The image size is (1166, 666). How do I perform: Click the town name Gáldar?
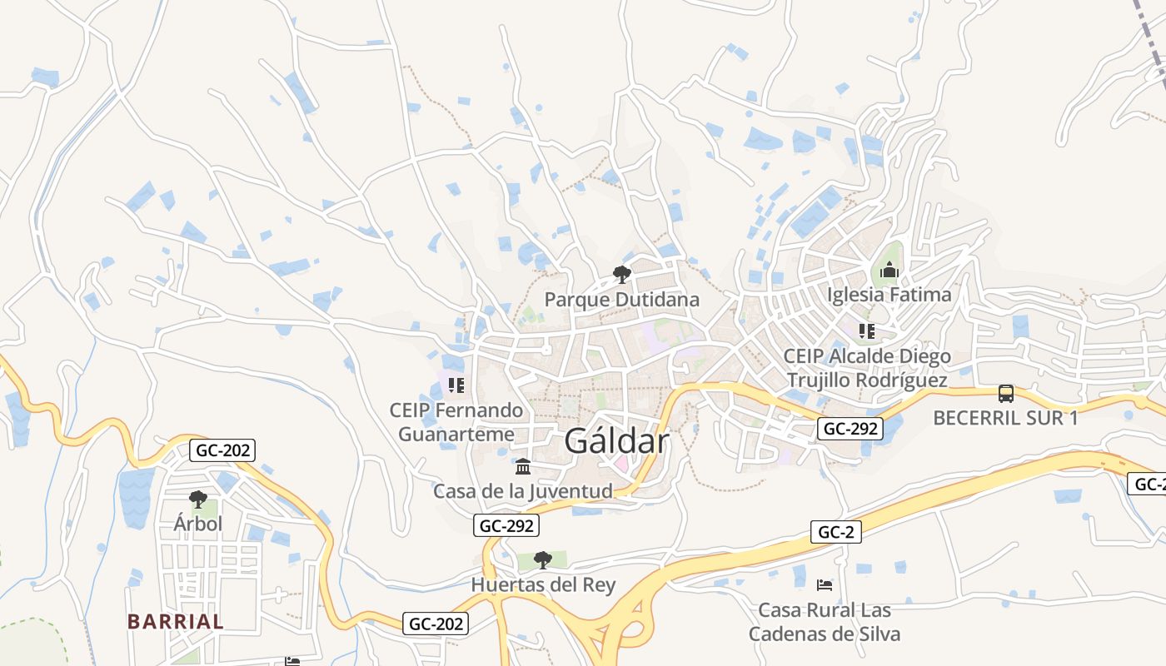click(616, 441)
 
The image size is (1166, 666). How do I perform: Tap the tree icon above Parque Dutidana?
click(621, 274)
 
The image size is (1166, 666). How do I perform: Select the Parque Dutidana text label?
click(621, 299)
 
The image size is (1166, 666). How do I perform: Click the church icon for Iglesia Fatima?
click(889, 271)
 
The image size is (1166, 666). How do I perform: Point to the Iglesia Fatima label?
click(889, 295)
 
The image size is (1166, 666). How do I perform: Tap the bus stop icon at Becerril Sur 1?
click(1005, 394)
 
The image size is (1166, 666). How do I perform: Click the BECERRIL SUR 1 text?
click(1005, 418)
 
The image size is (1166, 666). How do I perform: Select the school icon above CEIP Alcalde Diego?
click(867, 331)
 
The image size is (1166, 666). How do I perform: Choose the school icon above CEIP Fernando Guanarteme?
click(456, 385)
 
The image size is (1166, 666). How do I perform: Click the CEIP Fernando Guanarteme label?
click(456, 422)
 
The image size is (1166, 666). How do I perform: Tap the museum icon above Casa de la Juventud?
click(523, 466)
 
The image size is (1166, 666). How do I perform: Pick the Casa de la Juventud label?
click(523, 491)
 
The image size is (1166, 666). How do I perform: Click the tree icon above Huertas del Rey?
click(543, 559)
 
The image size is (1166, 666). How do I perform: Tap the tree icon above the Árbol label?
click(198, 499)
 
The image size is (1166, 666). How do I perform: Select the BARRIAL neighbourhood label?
click(176, 621)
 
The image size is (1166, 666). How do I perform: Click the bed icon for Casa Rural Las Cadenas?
click(825, 585)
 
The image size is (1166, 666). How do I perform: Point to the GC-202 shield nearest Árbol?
click(222, 450)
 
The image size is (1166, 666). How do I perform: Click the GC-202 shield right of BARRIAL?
click(436, 624)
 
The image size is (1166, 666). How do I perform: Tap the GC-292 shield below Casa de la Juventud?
click(506, 525)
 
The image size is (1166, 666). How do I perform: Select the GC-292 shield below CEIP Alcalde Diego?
click(850, 429)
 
